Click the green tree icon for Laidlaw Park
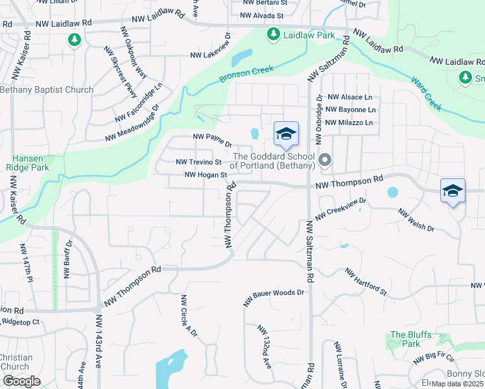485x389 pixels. tap(274, 33)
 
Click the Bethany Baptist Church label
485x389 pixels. tap(47, 89)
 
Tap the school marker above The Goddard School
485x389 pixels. tap(286, 134)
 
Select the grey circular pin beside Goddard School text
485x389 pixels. tap(325, 159)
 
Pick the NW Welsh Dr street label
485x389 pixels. tap(415, 221)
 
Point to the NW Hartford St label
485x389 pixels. tap(366, 282)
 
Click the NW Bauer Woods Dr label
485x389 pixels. tap(274, 298)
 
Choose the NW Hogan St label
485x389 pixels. tap(206, 174)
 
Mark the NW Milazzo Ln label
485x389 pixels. tap(349, 123)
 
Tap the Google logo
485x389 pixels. tap(21, 381)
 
